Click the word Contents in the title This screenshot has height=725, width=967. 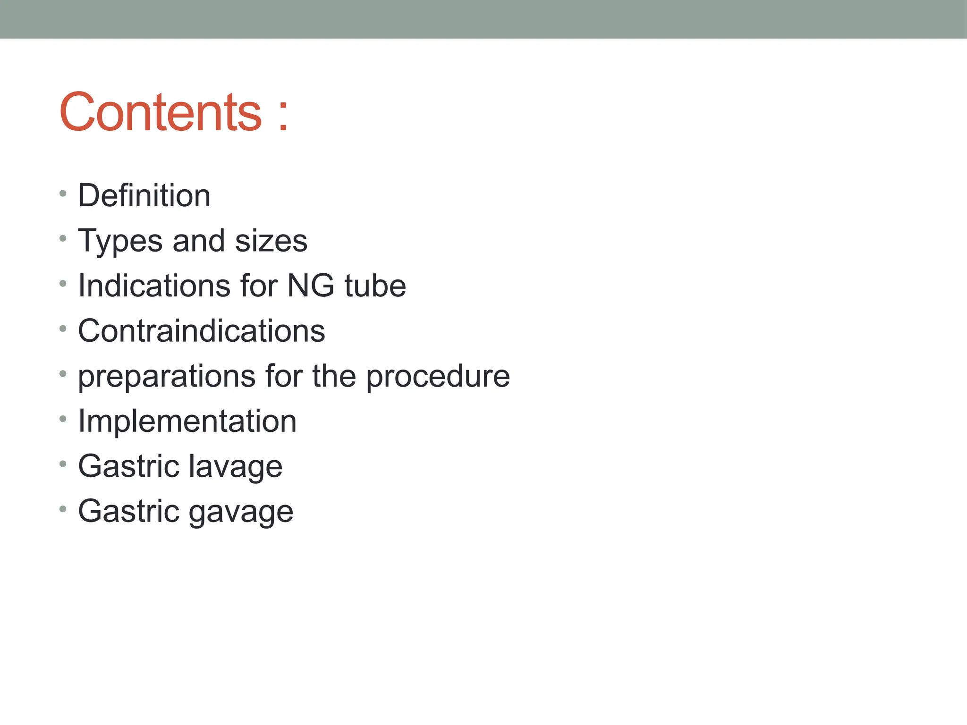(x=161, y=112)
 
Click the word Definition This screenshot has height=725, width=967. (x=144, y=195)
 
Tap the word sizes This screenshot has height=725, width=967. (x=271, y=241)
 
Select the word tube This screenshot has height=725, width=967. (x=375, y=286)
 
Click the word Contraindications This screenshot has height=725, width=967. (x=202, y=331)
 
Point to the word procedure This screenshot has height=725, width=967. (x=438, y=377)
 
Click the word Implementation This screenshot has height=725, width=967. (x=187, y=421)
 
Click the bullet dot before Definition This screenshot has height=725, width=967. (x=63, y=194)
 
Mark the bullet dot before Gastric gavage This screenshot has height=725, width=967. (x=63, y=509)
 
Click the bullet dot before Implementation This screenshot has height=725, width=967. (x=63, y=419)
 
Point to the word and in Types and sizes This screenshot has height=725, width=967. (x=199, y=241)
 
